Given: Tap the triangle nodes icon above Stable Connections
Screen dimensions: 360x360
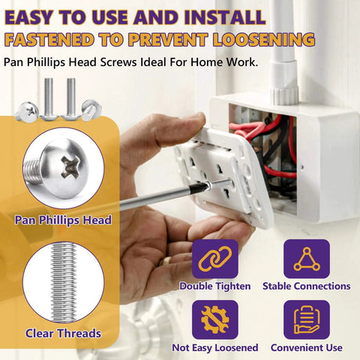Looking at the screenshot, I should (x=306, y=259).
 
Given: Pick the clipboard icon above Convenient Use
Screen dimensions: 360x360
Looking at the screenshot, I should (x=306, y=319).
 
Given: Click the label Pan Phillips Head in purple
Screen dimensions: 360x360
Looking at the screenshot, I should (x=63, y=220).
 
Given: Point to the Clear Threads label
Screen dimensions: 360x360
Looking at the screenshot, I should (x=63, y=333).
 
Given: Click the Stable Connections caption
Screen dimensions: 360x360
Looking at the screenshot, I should (x=306, y=286).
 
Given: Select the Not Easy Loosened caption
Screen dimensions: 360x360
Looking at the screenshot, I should (x=215, y=347).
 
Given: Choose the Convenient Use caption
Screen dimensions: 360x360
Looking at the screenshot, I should (x=306, y=347).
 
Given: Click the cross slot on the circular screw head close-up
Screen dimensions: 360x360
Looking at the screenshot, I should (x=67, y=166).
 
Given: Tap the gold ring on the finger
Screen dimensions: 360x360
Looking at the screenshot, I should (x=169, y=259).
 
